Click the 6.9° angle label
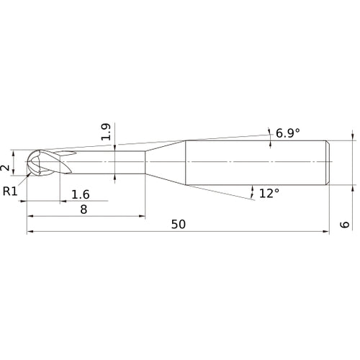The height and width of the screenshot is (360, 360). coord(288,133)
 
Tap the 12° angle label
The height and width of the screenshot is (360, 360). coord(269,193)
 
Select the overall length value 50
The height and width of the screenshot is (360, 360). coord(179,224)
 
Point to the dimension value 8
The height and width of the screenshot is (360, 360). coord(84,210)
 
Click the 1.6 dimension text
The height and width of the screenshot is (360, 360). coord(81,194)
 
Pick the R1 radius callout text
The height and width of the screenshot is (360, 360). coord(10,192)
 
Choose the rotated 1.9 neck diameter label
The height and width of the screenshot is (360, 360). coord(106,132)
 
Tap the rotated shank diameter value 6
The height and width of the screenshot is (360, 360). coord(345,225)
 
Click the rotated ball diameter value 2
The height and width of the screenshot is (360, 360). coord(5,168)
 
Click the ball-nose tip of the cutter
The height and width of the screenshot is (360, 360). coord(27,163)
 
